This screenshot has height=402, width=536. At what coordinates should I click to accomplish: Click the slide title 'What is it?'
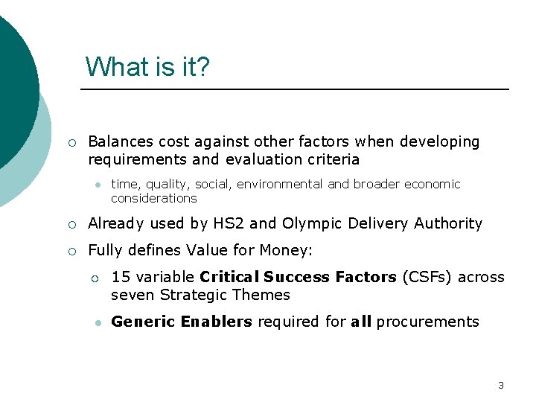coord(147,66)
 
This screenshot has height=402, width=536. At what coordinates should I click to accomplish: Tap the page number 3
coord(500,385)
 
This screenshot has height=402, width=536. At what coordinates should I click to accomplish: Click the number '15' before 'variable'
coord(119,277)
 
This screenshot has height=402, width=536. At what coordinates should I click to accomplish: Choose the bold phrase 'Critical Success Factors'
coord(298,277)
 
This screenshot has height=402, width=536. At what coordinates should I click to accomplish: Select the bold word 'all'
coord(360,322)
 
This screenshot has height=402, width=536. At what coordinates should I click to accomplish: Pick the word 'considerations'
coord(153,198)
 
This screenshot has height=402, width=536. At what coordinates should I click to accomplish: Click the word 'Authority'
coord(448,223)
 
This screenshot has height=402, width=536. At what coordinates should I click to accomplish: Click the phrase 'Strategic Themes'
coord(225,295)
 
